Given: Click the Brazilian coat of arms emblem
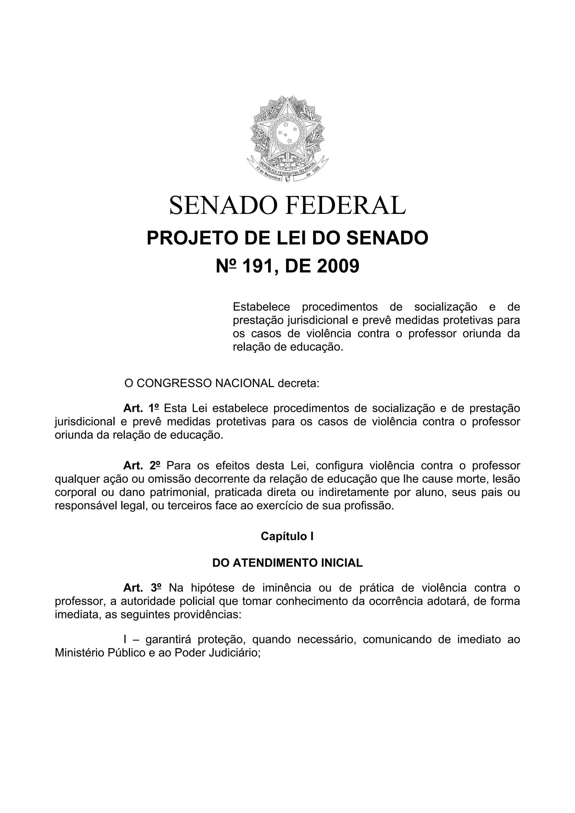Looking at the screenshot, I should (287, 139).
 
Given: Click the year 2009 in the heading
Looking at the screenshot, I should (338, 266).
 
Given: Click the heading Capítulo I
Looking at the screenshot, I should (287, 537).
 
